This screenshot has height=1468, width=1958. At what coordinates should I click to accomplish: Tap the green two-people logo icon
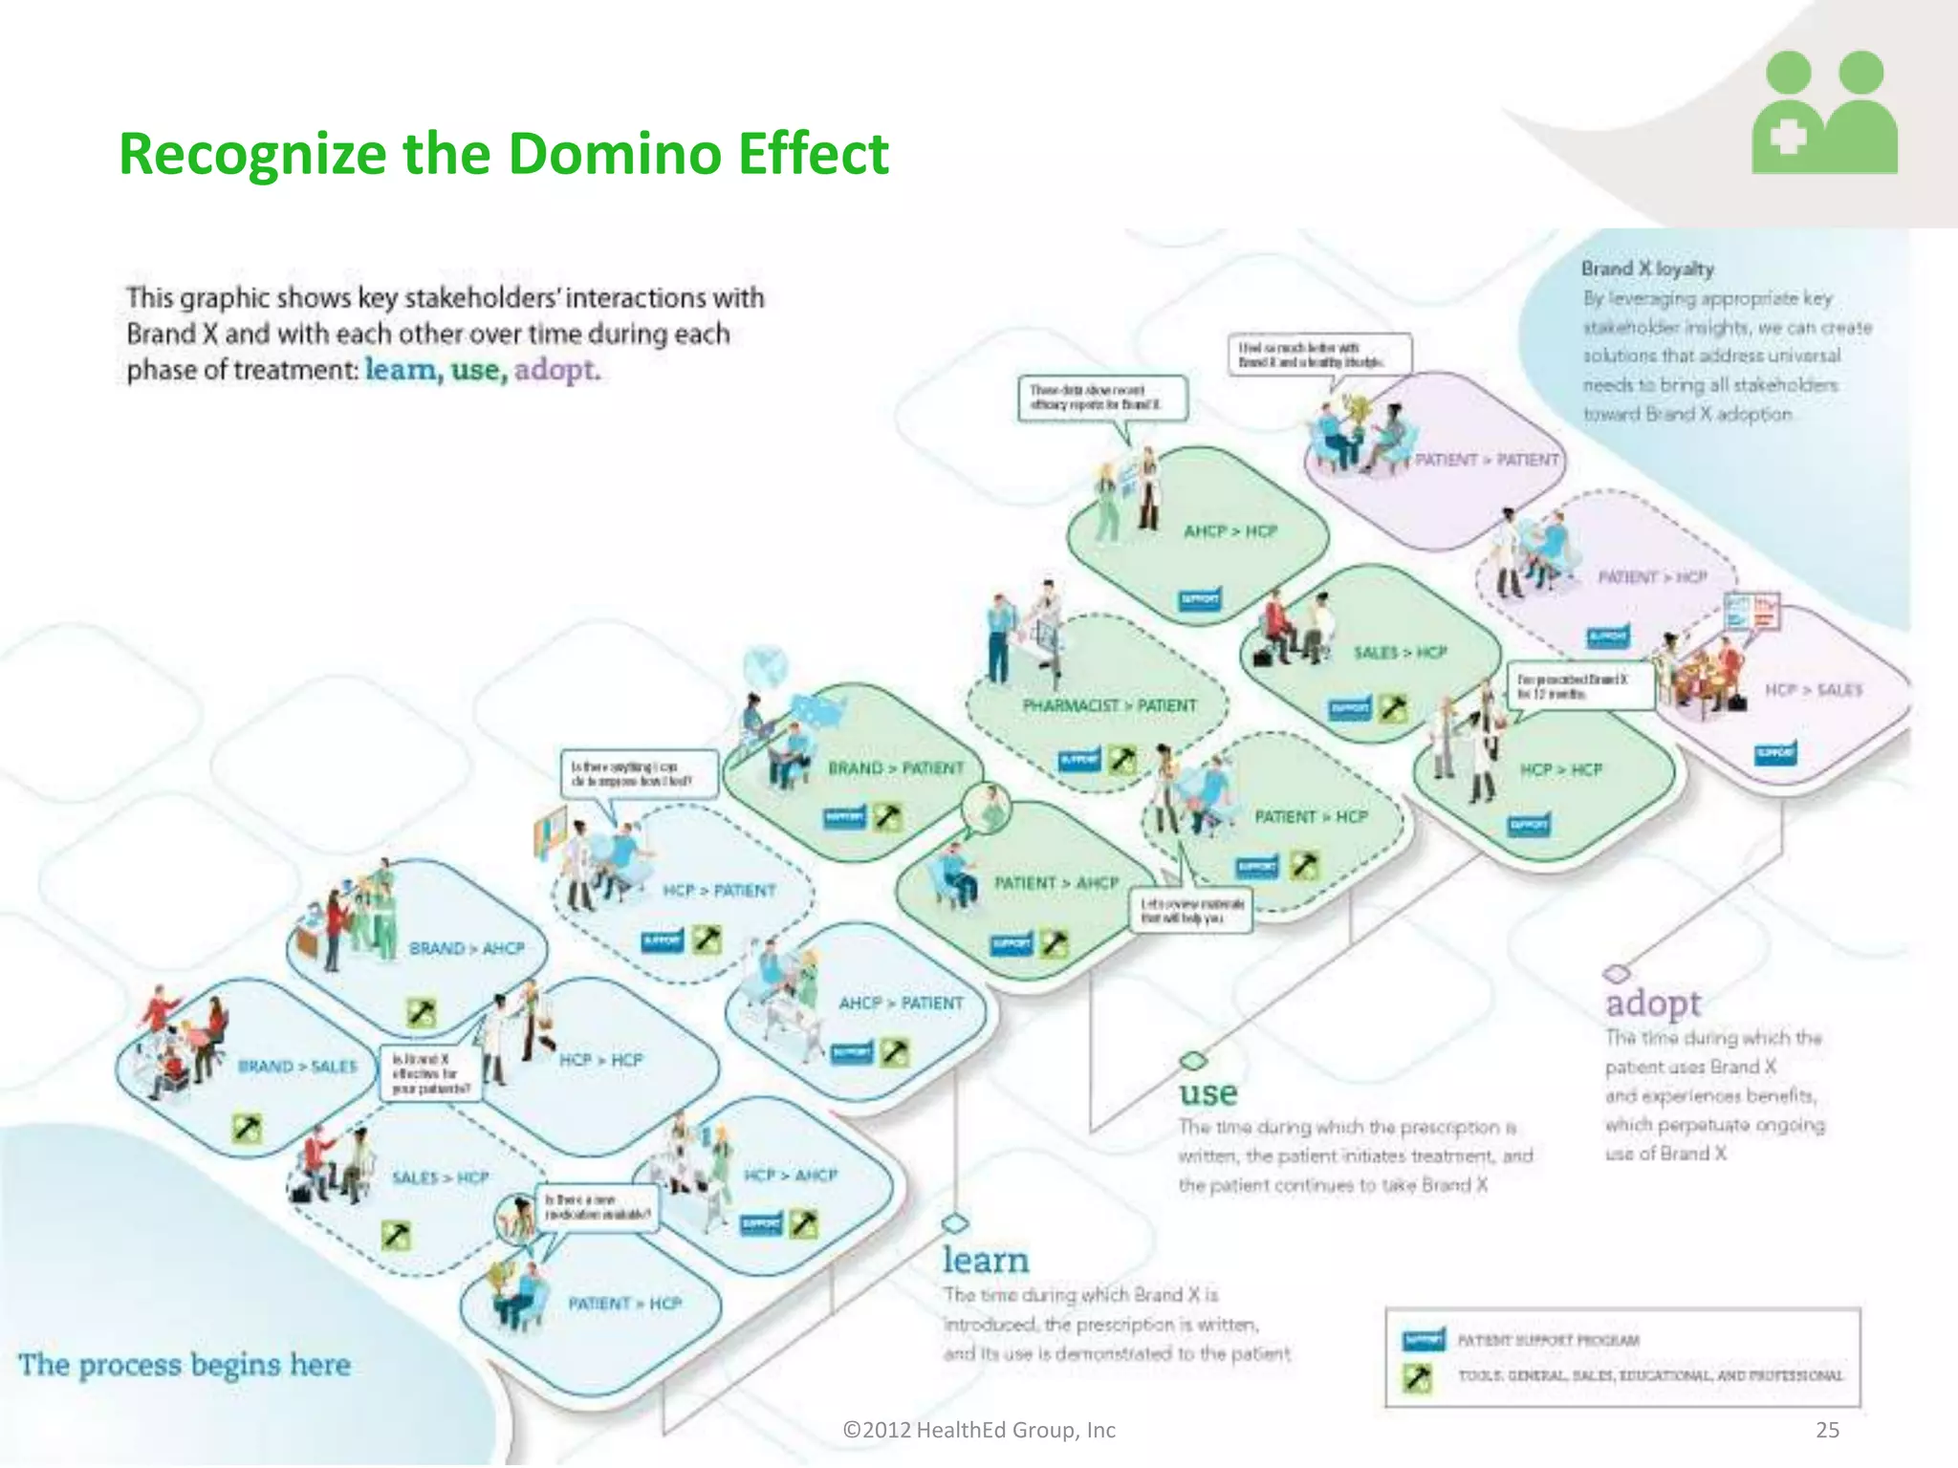coord(1824,113)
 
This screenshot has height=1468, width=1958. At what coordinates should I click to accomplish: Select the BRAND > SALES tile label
coord(297,1067)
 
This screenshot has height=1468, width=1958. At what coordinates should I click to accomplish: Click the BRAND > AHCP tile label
coord(467,948)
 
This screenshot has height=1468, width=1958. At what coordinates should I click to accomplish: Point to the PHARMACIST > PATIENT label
coord(1109,705)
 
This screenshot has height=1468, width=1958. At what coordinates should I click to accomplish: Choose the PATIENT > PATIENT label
coord(1487,460)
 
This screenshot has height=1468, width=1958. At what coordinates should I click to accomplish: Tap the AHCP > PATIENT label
coord(901,1003)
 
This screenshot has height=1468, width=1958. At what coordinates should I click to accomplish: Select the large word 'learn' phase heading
coord(986,1261)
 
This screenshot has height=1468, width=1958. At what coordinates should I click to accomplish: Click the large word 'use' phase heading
coord(1208,1093)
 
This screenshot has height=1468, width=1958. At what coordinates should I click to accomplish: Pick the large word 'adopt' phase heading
coord(1653,1004)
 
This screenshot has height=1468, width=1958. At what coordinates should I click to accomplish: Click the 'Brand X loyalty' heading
coord(1647,269)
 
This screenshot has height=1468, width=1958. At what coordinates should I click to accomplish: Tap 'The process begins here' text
coord(185,1365)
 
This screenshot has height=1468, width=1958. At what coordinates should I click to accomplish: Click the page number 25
coord(1827,1430)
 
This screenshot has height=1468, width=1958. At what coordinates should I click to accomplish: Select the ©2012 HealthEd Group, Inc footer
coord(978,1430)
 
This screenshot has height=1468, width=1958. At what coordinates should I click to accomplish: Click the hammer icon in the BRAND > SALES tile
coord(247,1129)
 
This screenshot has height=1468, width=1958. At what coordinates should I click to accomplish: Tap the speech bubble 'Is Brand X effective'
coord(430,1073)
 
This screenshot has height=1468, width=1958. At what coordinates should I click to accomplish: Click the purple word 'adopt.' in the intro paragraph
coord(557,370)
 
